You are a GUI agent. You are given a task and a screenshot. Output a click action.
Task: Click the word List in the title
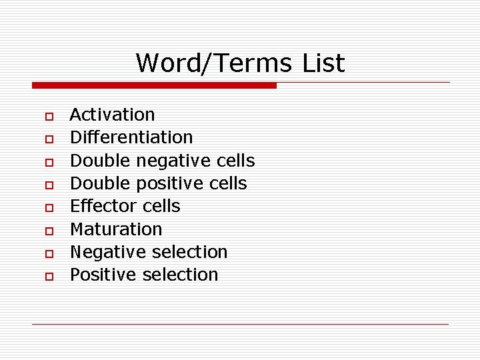pos(323,63)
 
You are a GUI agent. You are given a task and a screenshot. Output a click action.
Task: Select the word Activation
pos(112,115)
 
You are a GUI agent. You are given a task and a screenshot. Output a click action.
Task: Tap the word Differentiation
pos(131,137)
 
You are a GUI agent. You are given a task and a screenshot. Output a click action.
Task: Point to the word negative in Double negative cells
pos(173,161)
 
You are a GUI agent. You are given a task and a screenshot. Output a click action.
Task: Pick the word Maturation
pos(116,229)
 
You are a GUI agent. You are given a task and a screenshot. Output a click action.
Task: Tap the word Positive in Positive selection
pos(103,275)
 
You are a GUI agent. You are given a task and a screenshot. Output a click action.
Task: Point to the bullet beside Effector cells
pos(49,208)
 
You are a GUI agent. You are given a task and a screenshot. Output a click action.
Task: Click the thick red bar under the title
pos(154,85)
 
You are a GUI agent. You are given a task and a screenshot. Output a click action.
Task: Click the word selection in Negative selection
pos(189,252)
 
